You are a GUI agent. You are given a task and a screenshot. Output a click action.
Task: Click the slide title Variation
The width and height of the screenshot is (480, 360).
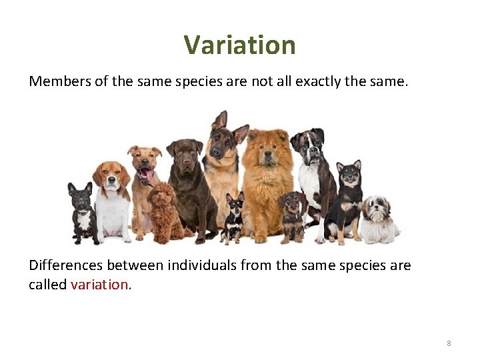pos(239,45)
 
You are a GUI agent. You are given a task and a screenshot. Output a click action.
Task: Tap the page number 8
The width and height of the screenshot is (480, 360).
pos(449,343)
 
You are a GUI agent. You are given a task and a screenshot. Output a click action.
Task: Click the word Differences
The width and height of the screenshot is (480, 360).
pos(65,265)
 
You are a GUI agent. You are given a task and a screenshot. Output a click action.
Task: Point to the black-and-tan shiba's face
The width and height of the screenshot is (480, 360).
pos(349,177)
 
